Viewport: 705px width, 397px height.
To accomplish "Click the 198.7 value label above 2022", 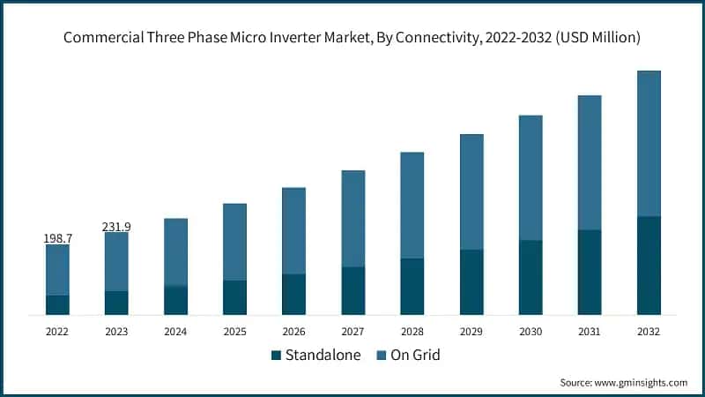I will (57, 239).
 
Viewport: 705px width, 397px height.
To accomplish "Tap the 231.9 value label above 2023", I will (116, 227).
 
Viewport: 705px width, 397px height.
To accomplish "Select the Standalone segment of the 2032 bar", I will (649, 265).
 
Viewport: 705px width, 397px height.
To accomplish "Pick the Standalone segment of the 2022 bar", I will (57, 304).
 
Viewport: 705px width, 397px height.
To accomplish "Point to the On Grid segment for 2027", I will (353, 218).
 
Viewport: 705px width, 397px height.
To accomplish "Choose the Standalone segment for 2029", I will (471, 281).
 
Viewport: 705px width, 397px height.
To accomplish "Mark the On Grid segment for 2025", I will (234, 242).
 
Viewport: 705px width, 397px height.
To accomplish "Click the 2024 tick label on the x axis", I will (175, 331).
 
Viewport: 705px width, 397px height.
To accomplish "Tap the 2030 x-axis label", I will (531, 331).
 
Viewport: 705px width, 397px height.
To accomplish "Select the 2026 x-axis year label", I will (293, 331).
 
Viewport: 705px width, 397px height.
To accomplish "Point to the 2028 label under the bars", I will (412, 331).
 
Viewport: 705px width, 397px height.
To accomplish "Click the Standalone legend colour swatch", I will (276, 356).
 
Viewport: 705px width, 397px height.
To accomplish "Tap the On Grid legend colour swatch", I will (381, 356).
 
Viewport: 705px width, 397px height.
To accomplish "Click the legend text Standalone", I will (322, 356).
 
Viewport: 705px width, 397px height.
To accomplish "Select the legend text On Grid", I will (416, 356).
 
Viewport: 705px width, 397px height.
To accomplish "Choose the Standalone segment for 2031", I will (590, 272).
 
